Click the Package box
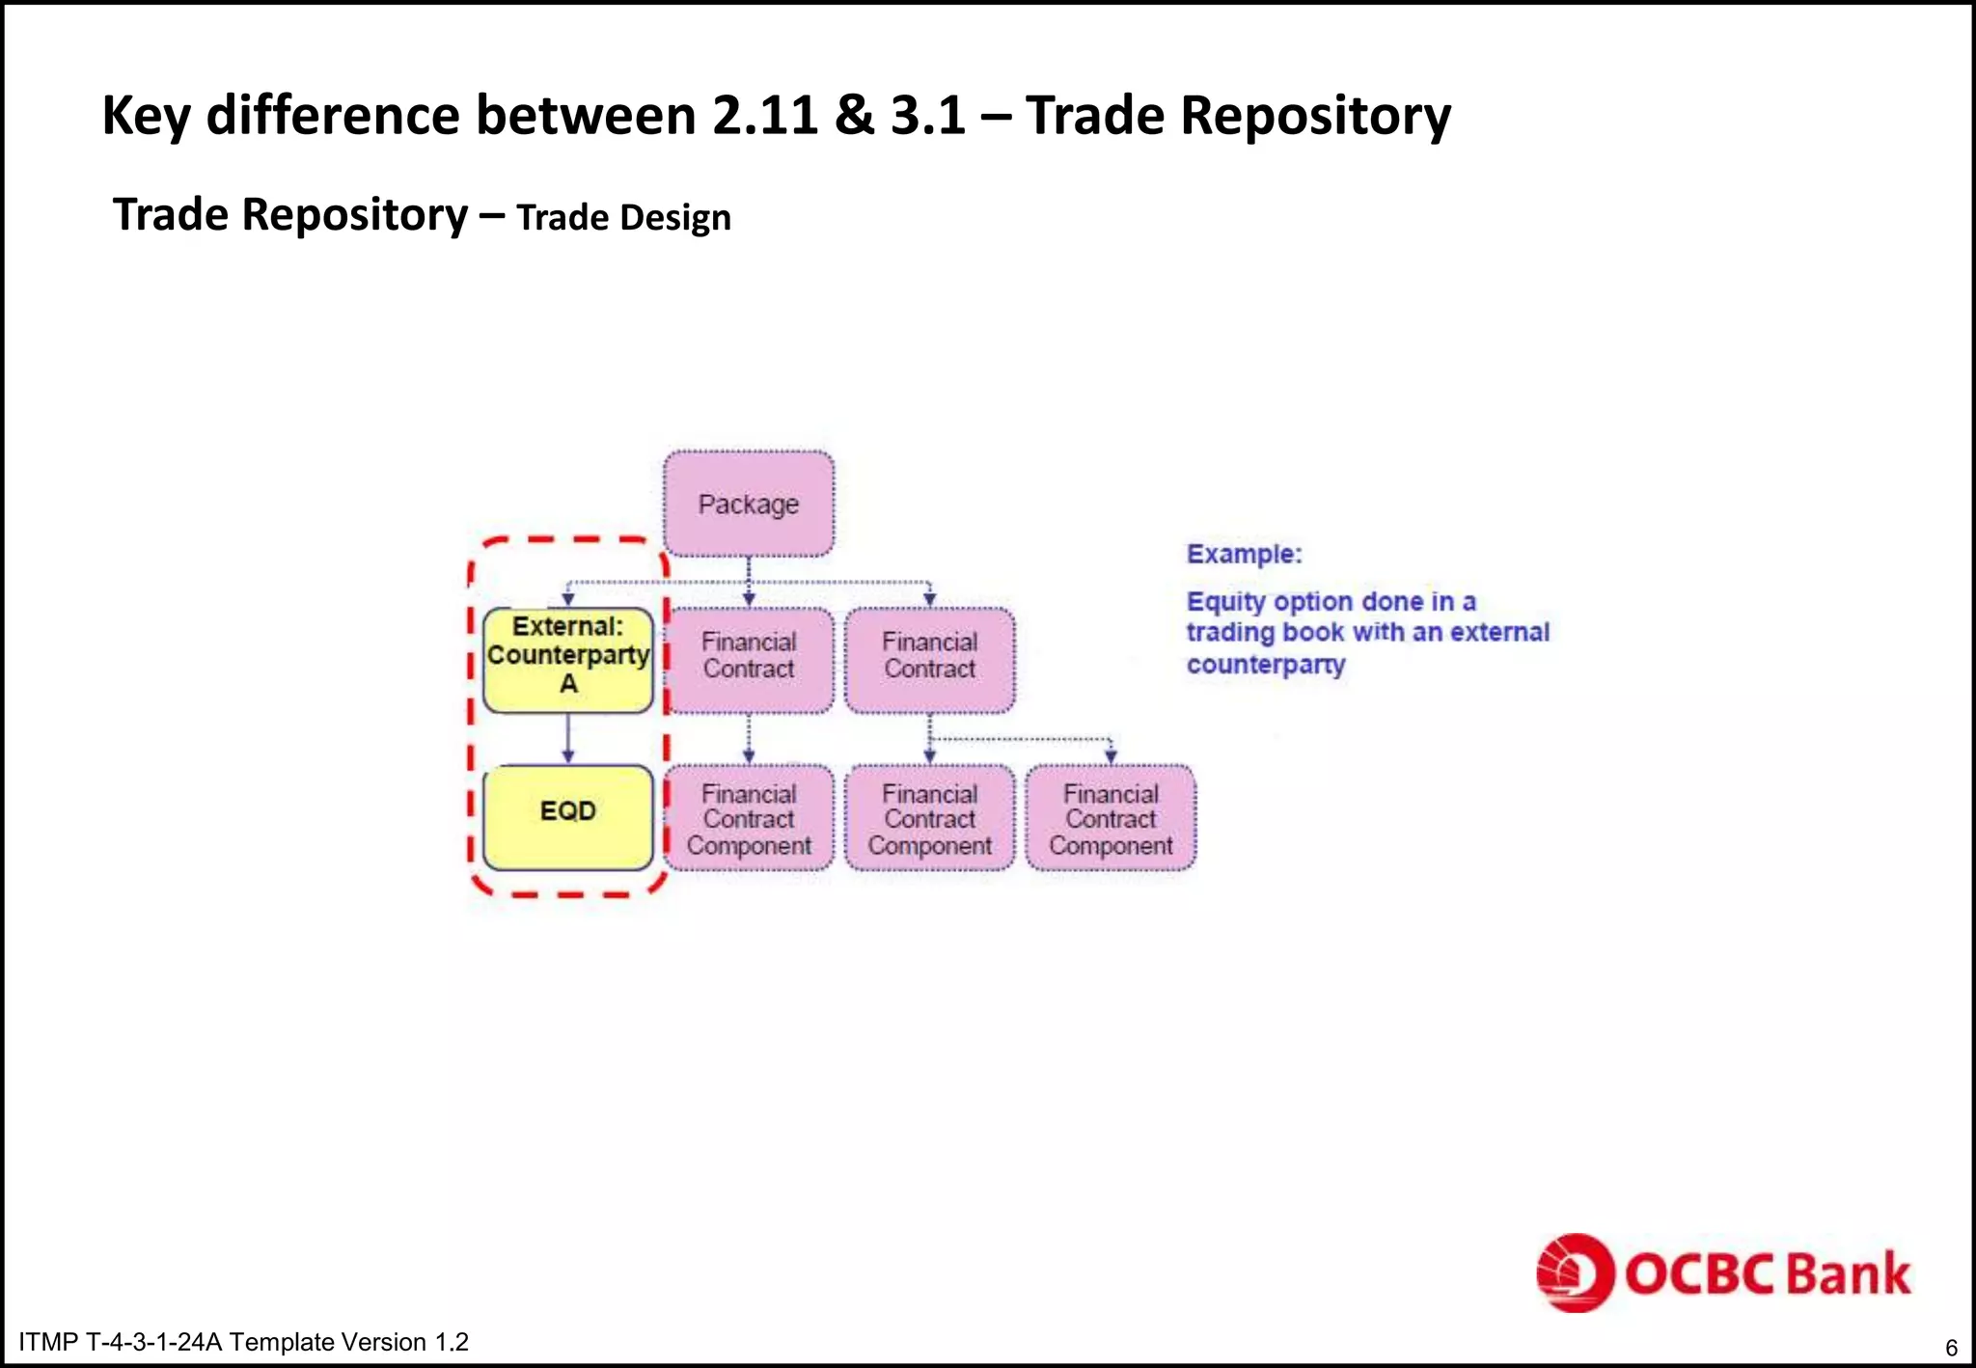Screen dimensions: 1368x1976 click(749, 504)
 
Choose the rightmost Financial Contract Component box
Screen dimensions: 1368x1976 click(1111, 818)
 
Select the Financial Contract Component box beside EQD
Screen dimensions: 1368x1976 click(749, 818)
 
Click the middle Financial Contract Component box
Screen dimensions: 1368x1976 click(930, 818)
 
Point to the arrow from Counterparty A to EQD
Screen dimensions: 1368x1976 click(568, 740)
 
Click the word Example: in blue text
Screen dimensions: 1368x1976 click(1244, 554)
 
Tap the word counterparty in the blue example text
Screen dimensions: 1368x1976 click(1265, 665)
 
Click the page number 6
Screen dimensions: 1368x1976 click(1951, 1348)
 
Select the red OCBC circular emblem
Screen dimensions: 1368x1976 click(1575, 1272)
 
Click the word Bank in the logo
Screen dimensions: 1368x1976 click(1848, 1273)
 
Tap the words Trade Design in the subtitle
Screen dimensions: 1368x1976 click(623, 218)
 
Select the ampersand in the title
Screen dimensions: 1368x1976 click(854, 116)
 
